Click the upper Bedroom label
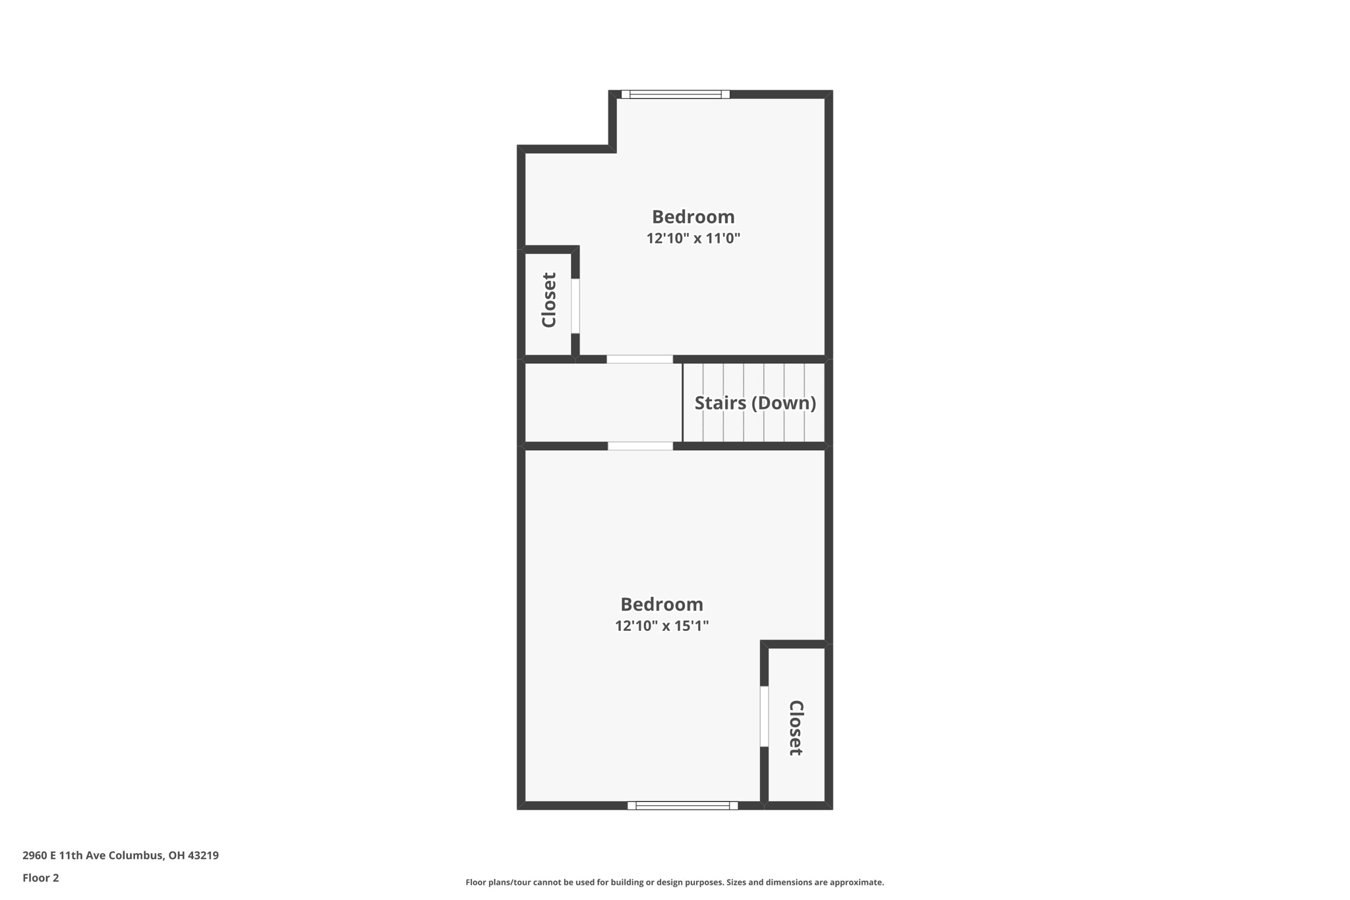pos(693,217)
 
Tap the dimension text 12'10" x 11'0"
pos(693,239)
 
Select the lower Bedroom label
pos(661,605)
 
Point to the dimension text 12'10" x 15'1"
pos(661,626)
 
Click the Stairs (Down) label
pos(755,403)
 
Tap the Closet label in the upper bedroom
pos(549,300)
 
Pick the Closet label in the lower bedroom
pos(796,728)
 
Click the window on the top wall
pos(675,94)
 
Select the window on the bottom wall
pos(682,805)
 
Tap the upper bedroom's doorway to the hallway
pos(639,359)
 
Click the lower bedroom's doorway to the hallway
pos(640,446)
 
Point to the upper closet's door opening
pos(575,306)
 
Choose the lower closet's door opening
pos(764,716)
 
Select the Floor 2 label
pos(41,878)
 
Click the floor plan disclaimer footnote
pos(674,882)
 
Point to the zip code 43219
pos(203,855)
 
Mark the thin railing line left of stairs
pos(682,403)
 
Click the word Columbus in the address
pos(136,855)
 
